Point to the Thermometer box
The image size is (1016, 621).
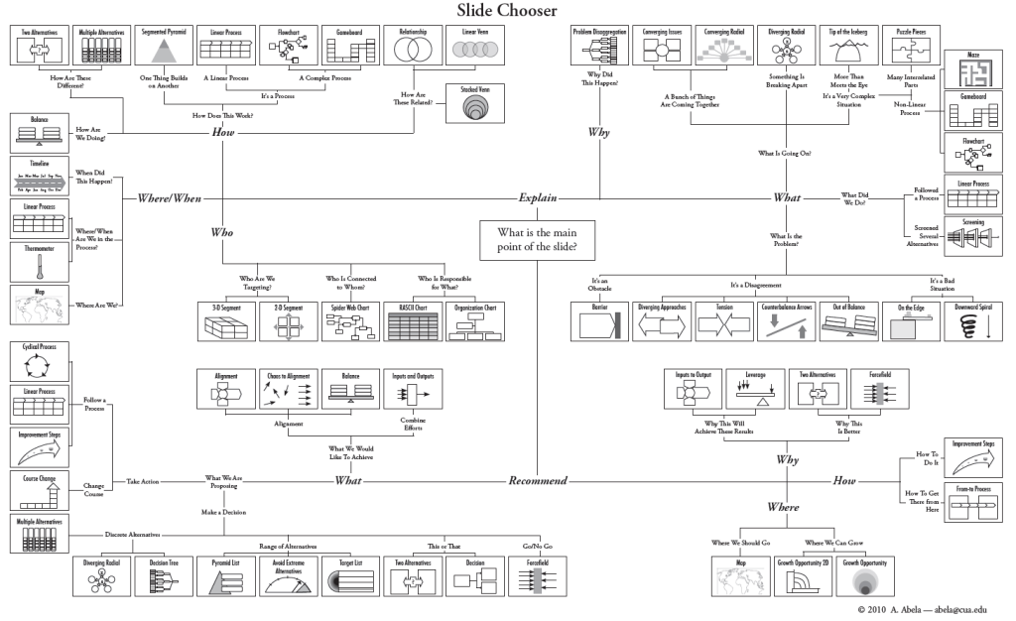pyautogui.click(x=39, y=263)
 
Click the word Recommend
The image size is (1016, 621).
pyautogui.click(x=538, y=481)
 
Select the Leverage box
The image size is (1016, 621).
pyautogui.click(x=761, y=391)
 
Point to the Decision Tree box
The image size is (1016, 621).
pyautogui.click(x=164, y=576)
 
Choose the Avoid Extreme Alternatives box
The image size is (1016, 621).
pyautogui.click(x=289, y=576)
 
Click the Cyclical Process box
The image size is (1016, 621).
pyautogui.click(x=39, y=363)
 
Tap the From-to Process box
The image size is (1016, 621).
pyautogui.click(x=973, y=502)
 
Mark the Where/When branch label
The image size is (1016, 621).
pyautogui.click(x=170, y=198)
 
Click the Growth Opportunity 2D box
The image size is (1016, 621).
pyautogui.click(x=804, y=576)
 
